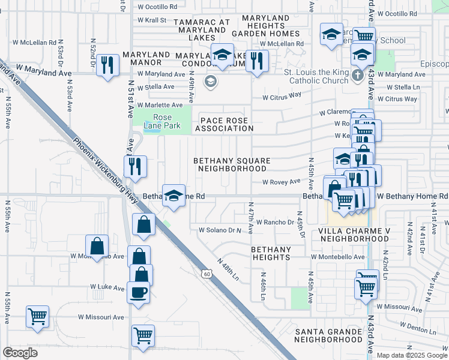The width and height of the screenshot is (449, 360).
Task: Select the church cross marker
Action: [x=357, y=75]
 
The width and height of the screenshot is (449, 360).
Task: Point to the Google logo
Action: [x=20, y=353]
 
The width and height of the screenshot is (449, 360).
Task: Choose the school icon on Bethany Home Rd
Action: [x=173, y=196]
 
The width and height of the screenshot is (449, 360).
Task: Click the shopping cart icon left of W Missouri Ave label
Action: [x=37, y=316]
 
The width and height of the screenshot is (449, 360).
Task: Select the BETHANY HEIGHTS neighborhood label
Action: [x=270, y=253]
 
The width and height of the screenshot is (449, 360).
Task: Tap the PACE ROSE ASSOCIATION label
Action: [x=224, y=124]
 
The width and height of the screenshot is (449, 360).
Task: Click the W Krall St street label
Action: [x=151, y=20]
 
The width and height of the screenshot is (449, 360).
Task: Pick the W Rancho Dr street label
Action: [x=274, y=222]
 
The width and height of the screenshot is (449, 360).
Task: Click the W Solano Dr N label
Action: [x=219, y=230]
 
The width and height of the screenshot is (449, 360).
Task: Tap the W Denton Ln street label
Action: [x=415, y=330]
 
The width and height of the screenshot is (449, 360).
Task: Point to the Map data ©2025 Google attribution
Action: [x=411, y=355]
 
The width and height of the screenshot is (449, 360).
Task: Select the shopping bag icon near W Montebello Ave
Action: [x=97, y=245]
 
